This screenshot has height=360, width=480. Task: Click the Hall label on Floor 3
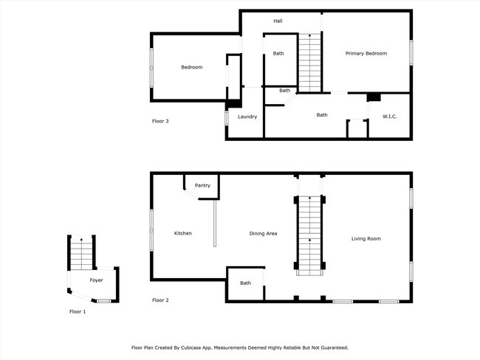coord(278,21)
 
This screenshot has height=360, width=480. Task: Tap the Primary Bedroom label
coord(366,53)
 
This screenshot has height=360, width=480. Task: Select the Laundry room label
coord(247,117)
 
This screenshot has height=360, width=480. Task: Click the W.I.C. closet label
coord(390,117)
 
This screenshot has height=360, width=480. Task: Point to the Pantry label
coord(202,185)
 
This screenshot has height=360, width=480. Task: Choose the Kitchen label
coord(182,233)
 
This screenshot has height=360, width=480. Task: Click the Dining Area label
coord(263,233)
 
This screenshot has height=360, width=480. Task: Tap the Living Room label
coord(366,238)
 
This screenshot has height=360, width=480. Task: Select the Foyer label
coord(97,280)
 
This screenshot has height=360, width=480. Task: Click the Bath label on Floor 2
coord(245,283)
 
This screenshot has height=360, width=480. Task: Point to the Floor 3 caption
coord(160,121)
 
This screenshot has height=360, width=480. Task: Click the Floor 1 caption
coord(78,312)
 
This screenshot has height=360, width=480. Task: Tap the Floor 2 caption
coord(160,300)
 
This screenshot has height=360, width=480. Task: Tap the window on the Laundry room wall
coord(227,117)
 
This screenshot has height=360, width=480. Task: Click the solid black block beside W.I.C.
coord(374,97)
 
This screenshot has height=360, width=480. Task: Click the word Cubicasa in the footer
coord(222,347)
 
